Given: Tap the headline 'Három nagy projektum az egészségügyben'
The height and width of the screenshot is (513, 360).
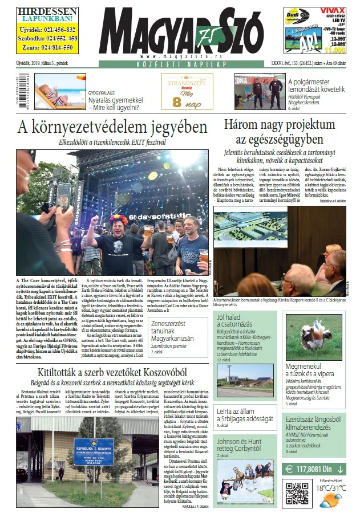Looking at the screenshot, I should [279, 132].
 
